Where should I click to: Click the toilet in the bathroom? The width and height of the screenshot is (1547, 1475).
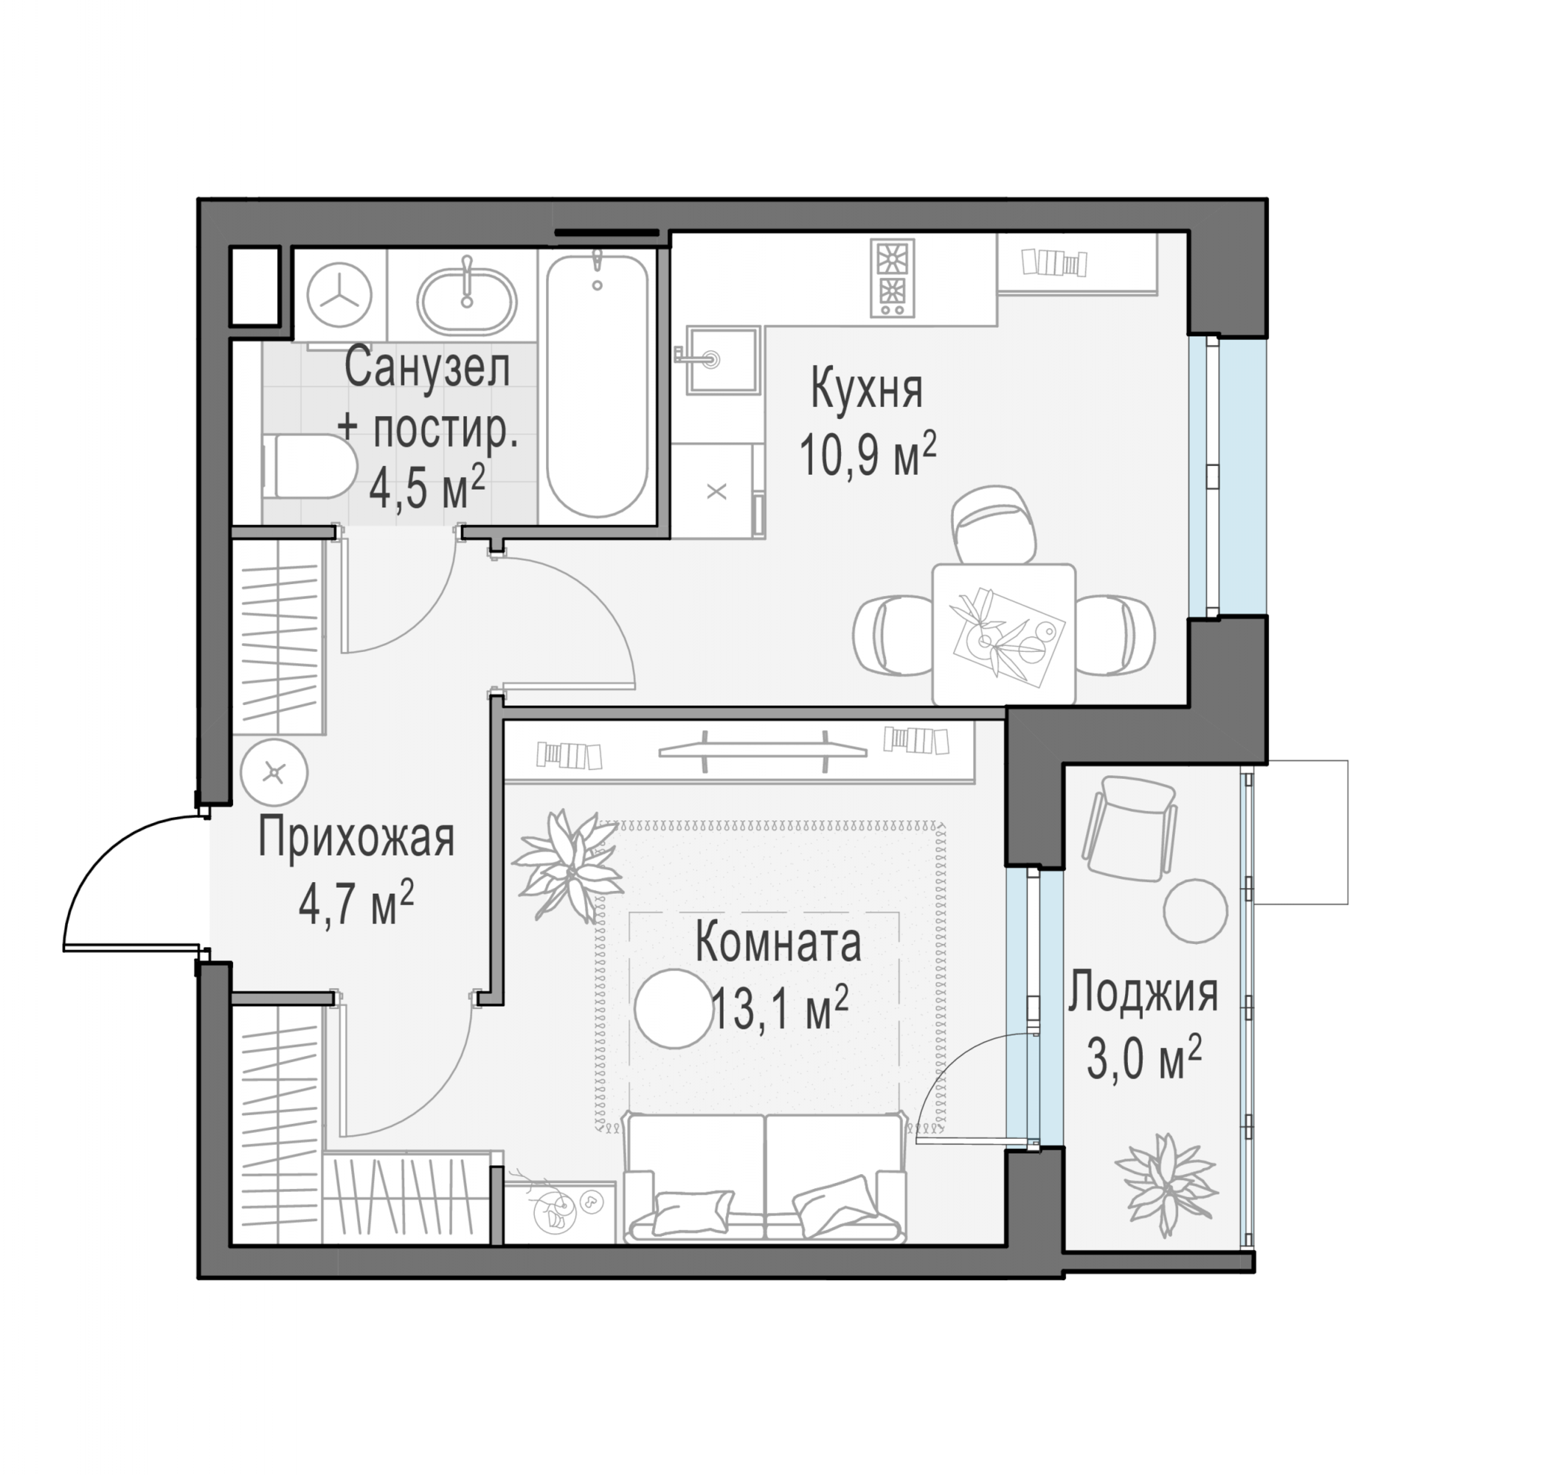(x=307, y=465)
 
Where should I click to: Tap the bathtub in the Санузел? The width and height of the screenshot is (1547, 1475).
(x=597, y=385)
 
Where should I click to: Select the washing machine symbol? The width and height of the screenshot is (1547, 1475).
(x=339, y=294)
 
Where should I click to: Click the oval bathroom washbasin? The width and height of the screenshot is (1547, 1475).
(x=467, y=299)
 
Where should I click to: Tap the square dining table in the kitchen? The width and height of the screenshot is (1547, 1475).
(x=1003, y=634)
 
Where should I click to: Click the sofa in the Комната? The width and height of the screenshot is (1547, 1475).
(x=764, y=1177)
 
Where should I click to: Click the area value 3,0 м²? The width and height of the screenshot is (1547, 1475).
(x=1143, y=1058)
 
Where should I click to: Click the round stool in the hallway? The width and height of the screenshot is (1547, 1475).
(x=274, y=773)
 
